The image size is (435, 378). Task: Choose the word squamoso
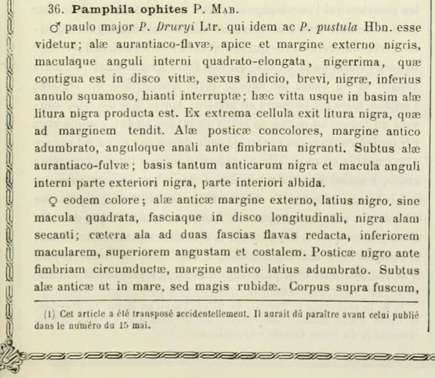click(x=106, y=97)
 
